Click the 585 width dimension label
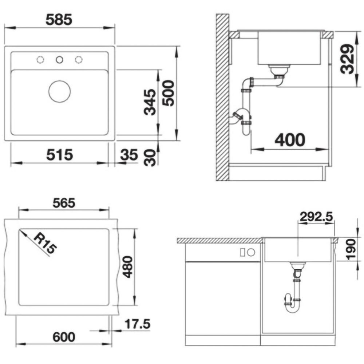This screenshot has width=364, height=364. (x=59, y=20)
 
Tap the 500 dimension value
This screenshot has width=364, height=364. (x=168, y=93)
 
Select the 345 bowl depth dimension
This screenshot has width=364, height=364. (x=150, y=102)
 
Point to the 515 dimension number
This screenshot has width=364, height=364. (x=60, y=155)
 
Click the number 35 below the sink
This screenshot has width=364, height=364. (x=129, y=155)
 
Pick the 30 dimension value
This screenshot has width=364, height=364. (x=150, y=158)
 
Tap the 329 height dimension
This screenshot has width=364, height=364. (x=348, y=59)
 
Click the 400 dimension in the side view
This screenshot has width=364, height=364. (x=290, y=140)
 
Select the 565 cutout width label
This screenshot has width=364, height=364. (x=64, y=203)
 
